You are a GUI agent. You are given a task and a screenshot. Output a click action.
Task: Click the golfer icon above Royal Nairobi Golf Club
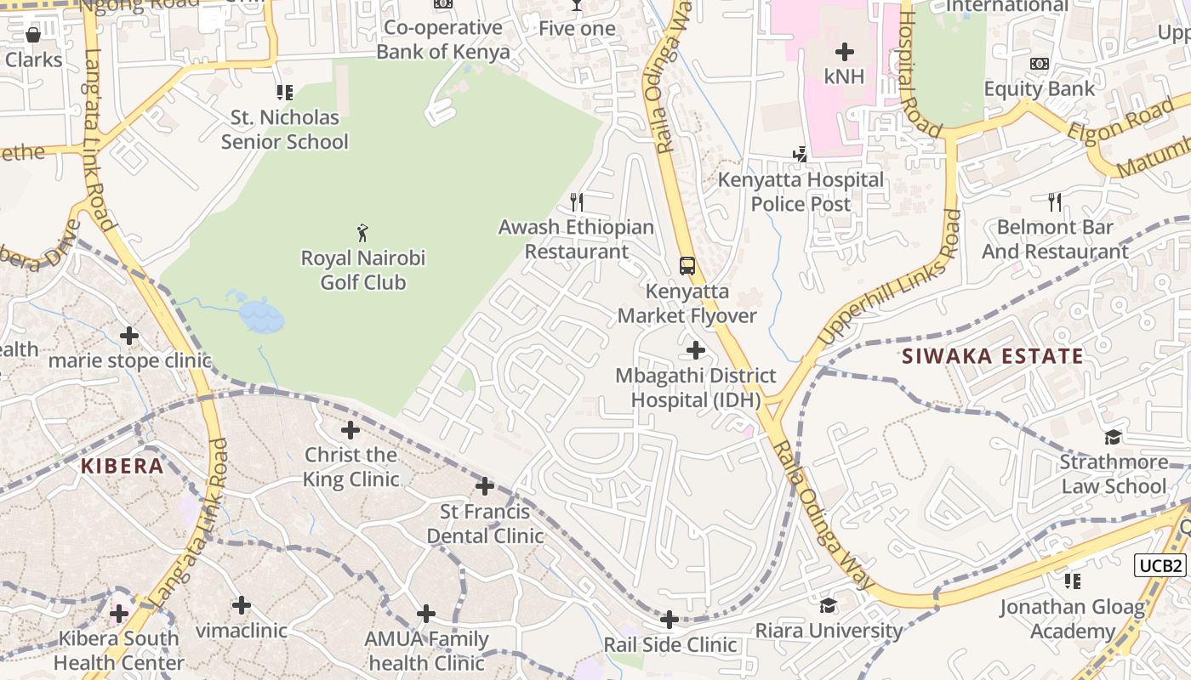[362, 232]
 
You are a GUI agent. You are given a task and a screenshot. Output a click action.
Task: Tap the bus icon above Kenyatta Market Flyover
[687, 265]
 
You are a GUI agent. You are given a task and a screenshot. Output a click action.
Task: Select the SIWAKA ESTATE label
[993, 356]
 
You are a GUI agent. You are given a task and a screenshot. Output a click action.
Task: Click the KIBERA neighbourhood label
[122, 466]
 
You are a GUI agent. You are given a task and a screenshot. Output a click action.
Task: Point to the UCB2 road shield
[1160, 565]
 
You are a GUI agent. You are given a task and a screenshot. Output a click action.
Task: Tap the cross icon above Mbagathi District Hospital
[696, 349]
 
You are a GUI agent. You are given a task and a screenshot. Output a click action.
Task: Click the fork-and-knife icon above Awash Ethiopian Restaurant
[577, 201]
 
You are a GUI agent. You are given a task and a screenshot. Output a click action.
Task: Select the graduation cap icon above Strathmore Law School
[1113, 438]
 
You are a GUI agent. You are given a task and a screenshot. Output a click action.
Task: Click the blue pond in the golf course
[260, 315]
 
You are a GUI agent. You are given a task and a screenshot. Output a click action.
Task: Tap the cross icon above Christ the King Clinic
[350, 430]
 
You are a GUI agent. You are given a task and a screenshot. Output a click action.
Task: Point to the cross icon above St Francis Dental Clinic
[485, 486]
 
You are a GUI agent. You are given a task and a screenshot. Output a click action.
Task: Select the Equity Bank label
[1040, 88]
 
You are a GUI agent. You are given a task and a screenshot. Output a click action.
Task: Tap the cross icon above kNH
[844, 52]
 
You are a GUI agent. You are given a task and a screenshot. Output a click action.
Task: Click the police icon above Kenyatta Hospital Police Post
[800, 155]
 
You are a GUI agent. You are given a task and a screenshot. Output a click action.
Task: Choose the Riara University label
[829, 631]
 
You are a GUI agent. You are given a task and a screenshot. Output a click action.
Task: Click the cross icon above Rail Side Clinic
[670, 620]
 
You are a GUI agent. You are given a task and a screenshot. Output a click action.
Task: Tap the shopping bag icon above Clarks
[33, 35]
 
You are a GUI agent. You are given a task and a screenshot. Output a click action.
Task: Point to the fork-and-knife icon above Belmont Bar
[1055, 201]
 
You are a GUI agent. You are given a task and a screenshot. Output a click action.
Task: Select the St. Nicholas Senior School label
[285, 129]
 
